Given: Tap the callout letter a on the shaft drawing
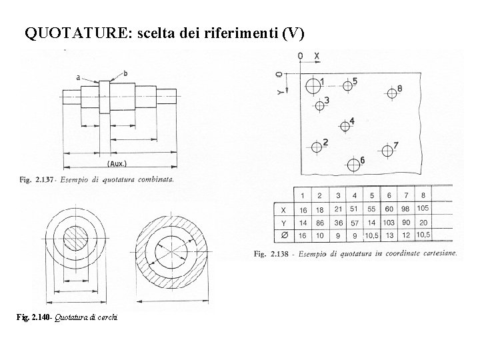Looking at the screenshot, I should coord(78,77).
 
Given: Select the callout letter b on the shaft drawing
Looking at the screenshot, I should coord(125,73).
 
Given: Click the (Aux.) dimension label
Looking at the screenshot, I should coord(117,163).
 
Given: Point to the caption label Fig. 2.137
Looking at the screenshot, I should coord(39,179).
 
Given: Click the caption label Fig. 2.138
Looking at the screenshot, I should coord(273,254).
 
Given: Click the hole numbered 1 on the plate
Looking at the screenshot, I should coord(313,85).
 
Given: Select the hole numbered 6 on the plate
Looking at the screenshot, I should coord(353,164).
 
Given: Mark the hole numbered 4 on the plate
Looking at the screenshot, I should coord(345,125).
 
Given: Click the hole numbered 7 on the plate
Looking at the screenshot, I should coord(387,150).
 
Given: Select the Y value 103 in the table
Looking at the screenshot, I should coord(389,222).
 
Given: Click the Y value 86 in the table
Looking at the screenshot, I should coord(320,222).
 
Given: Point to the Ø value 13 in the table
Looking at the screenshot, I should coord(389,235).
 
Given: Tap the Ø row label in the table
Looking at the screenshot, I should coord(285,235).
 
